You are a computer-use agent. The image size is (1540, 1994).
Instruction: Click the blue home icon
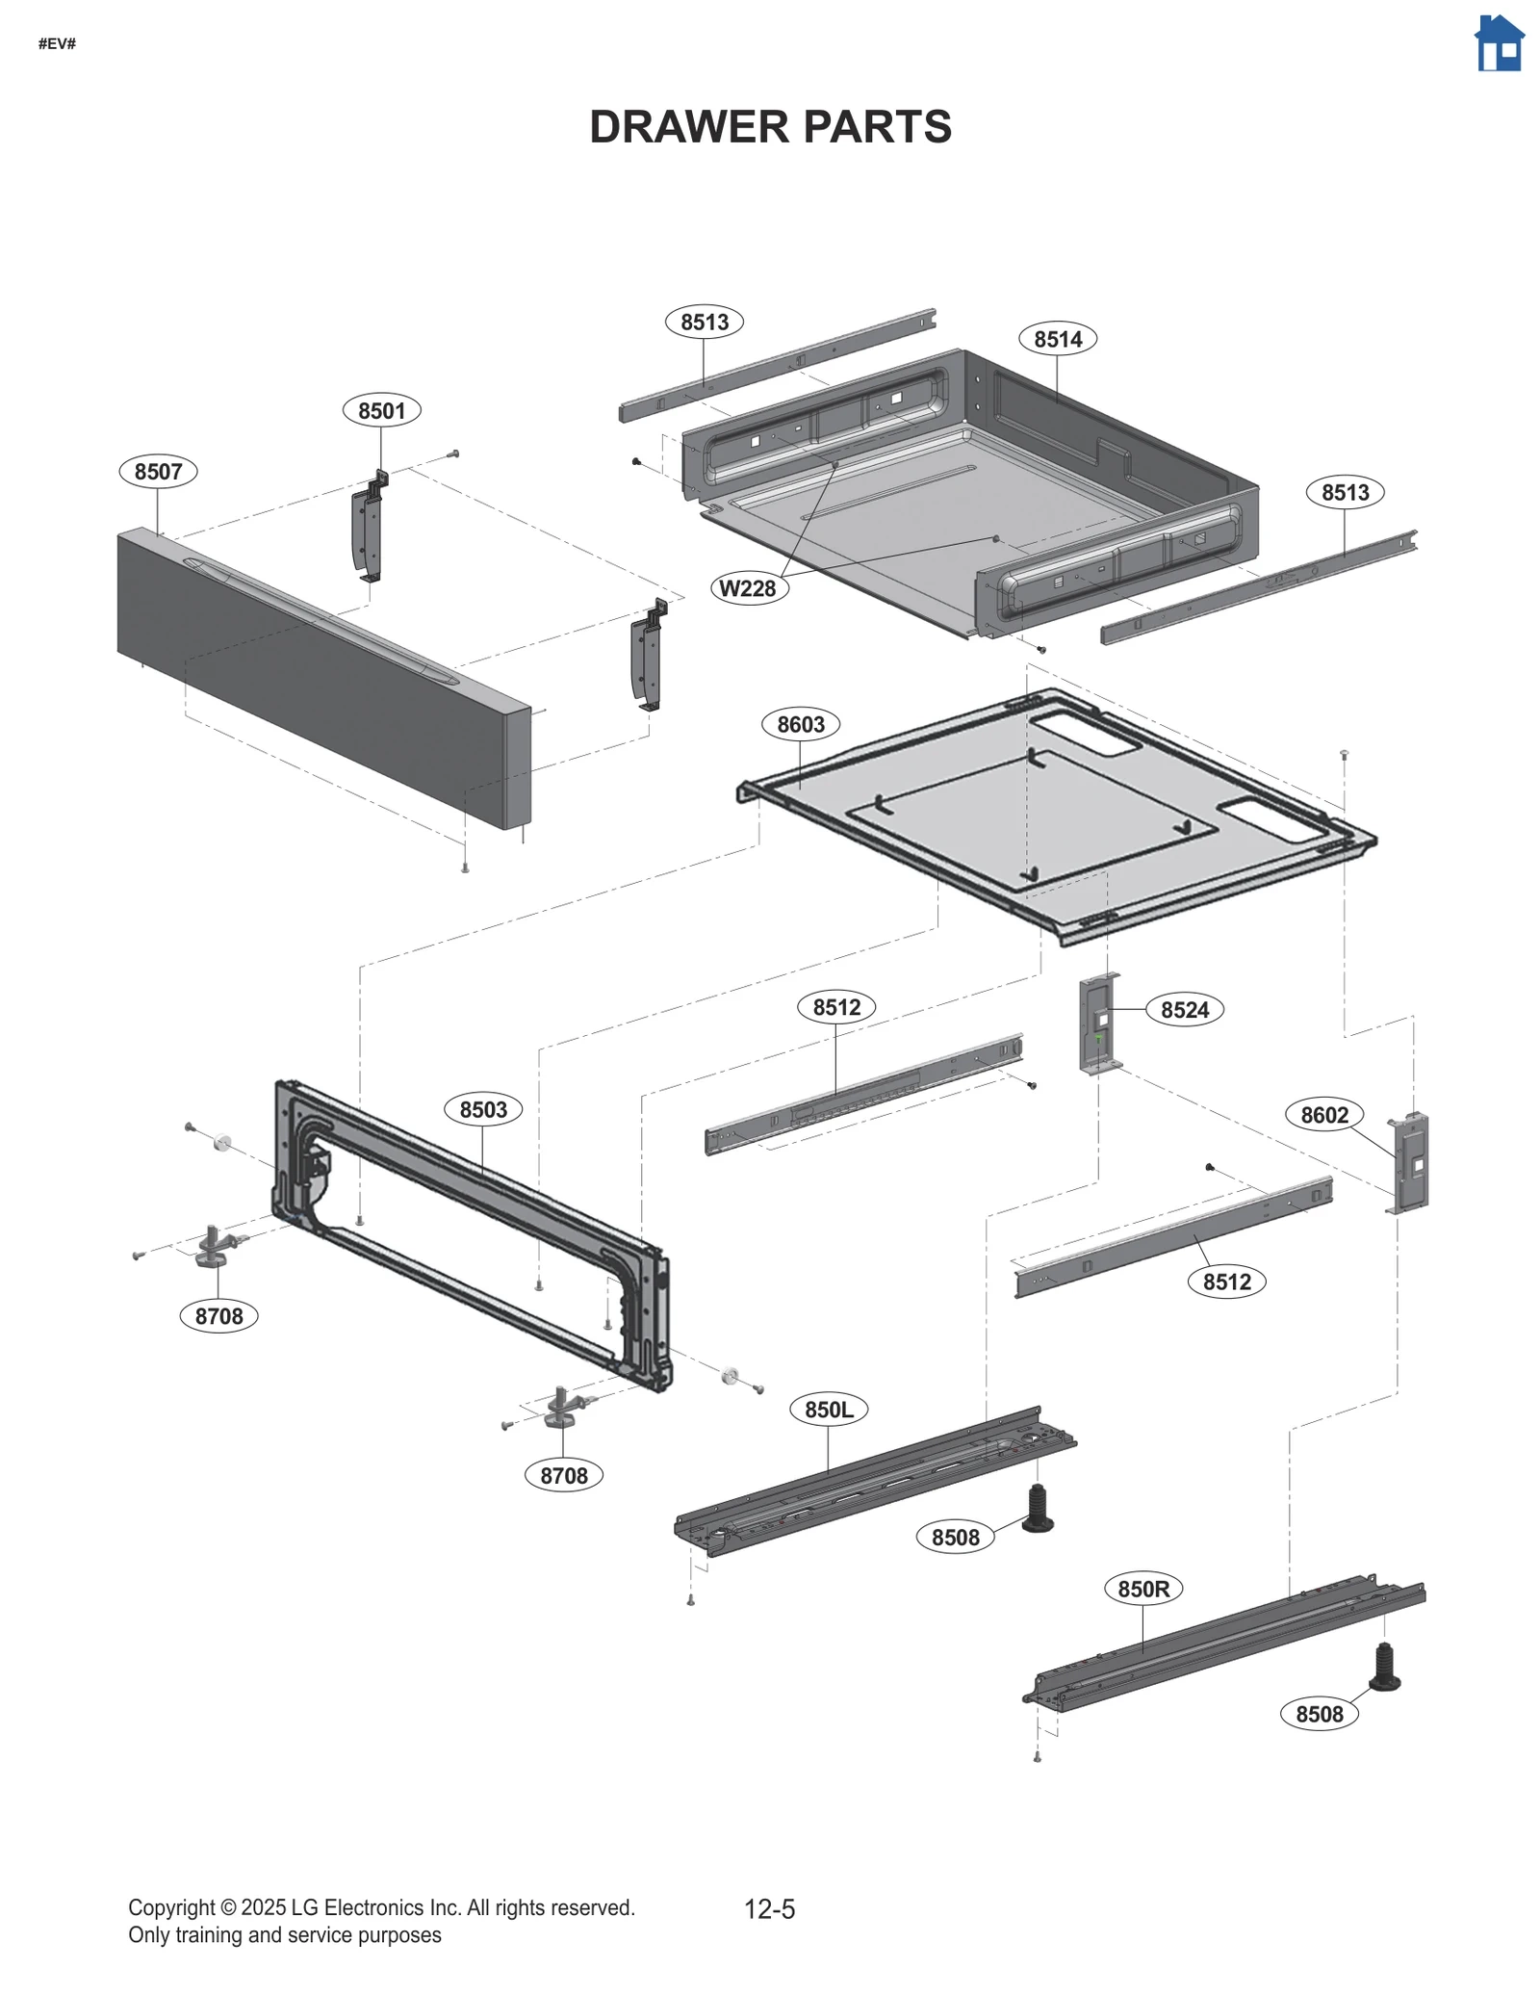coord(1499,44)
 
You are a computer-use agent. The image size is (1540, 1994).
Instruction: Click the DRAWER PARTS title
coord(770,127)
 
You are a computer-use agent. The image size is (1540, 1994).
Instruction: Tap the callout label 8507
coord(158,472)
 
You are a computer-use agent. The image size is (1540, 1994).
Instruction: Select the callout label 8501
coord(381,411)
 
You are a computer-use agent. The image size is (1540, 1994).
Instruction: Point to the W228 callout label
coord(748,588)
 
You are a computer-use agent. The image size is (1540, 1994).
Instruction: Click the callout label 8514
coord(1057,339)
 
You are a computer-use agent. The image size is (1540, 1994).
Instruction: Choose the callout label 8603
coord(800,724)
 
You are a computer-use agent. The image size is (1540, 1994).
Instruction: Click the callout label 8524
coord(1184,1010)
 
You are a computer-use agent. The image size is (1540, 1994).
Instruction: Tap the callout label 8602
coord(1324,1115)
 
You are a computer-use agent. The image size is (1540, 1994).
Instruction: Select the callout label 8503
coord(482,1109)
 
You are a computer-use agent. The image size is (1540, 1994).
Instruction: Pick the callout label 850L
coord(829,1410)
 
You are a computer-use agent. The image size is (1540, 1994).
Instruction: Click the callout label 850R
coord(1142,1589)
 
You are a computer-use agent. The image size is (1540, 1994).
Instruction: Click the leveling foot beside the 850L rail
coord(1038,1509)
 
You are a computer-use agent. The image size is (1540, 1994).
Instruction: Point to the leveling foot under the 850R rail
coord(1384,1668)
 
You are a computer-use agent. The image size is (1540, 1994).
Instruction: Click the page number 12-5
coord(769,1909)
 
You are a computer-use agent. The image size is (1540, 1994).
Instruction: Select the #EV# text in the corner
coord(57,43)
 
